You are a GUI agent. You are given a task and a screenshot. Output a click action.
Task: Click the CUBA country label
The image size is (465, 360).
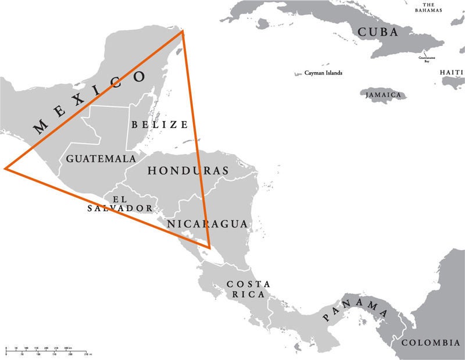378,32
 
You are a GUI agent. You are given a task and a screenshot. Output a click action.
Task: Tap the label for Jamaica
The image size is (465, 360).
384,95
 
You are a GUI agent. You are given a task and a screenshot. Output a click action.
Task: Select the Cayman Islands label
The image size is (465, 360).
323,73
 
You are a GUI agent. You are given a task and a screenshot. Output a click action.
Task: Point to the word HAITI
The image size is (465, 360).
452,72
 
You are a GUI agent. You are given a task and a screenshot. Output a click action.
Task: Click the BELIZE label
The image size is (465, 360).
159,124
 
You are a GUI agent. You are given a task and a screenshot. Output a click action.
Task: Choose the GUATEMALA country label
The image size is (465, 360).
101,158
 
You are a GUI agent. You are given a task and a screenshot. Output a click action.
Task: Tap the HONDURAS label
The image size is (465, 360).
187,170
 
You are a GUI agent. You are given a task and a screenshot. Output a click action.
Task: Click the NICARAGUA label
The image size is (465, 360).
208,224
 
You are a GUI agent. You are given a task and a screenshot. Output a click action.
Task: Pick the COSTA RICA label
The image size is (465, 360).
248,289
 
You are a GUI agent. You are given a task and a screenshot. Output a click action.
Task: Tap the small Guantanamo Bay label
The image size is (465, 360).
427,59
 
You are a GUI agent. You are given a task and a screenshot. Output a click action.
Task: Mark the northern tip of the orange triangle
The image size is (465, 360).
183,31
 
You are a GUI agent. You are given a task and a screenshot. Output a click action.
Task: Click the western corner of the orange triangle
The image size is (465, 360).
5,168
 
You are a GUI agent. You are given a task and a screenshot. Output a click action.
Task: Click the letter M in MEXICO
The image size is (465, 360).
40,127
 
